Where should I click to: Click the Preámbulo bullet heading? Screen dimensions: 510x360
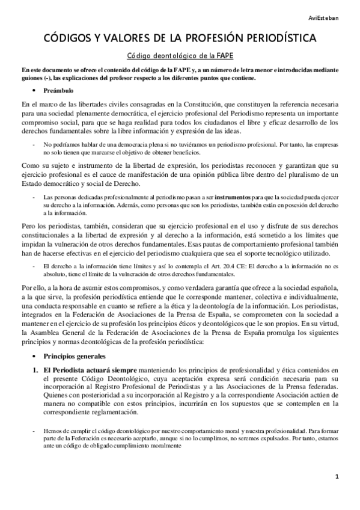point(59,91)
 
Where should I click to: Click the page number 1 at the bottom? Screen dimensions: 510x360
point(338,476)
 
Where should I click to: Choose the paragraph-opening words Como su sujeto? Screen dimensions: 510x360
point(44,165)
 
